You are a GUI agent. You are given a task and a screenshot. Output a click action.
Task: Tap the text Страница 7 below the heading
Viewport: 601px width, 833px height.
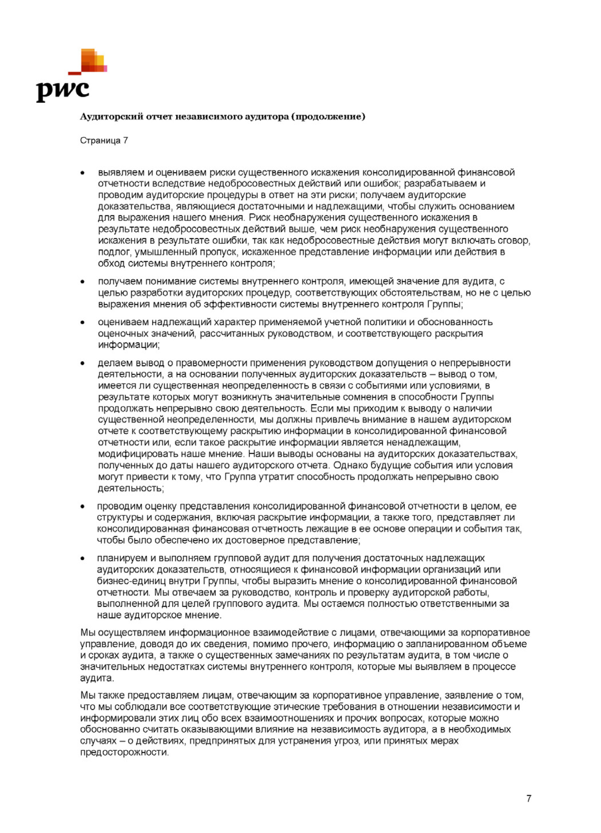coord(104,141)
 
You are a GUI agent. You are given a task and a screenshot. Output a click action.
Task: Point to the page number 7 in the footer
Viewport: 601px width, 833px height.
coord(528,798)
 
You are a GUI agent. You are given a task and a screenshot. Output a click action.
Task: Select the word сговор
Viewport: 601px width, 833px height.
coord(514,241)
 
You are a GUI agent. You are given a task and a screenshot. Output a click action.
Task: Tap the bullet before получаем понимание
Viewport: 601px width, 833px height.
coord(83,282)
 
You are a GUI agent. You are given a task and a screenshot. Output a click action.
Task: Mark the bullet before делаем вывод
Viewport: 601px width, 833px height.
coord(83,363)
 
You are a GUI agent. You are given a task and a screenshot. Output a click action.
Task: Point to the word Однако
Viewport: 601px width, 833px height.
coord(349,465)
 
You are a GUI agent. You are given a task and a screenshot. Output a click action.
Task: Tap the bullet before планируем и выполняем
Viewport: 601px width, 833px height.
coord(83,558)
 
